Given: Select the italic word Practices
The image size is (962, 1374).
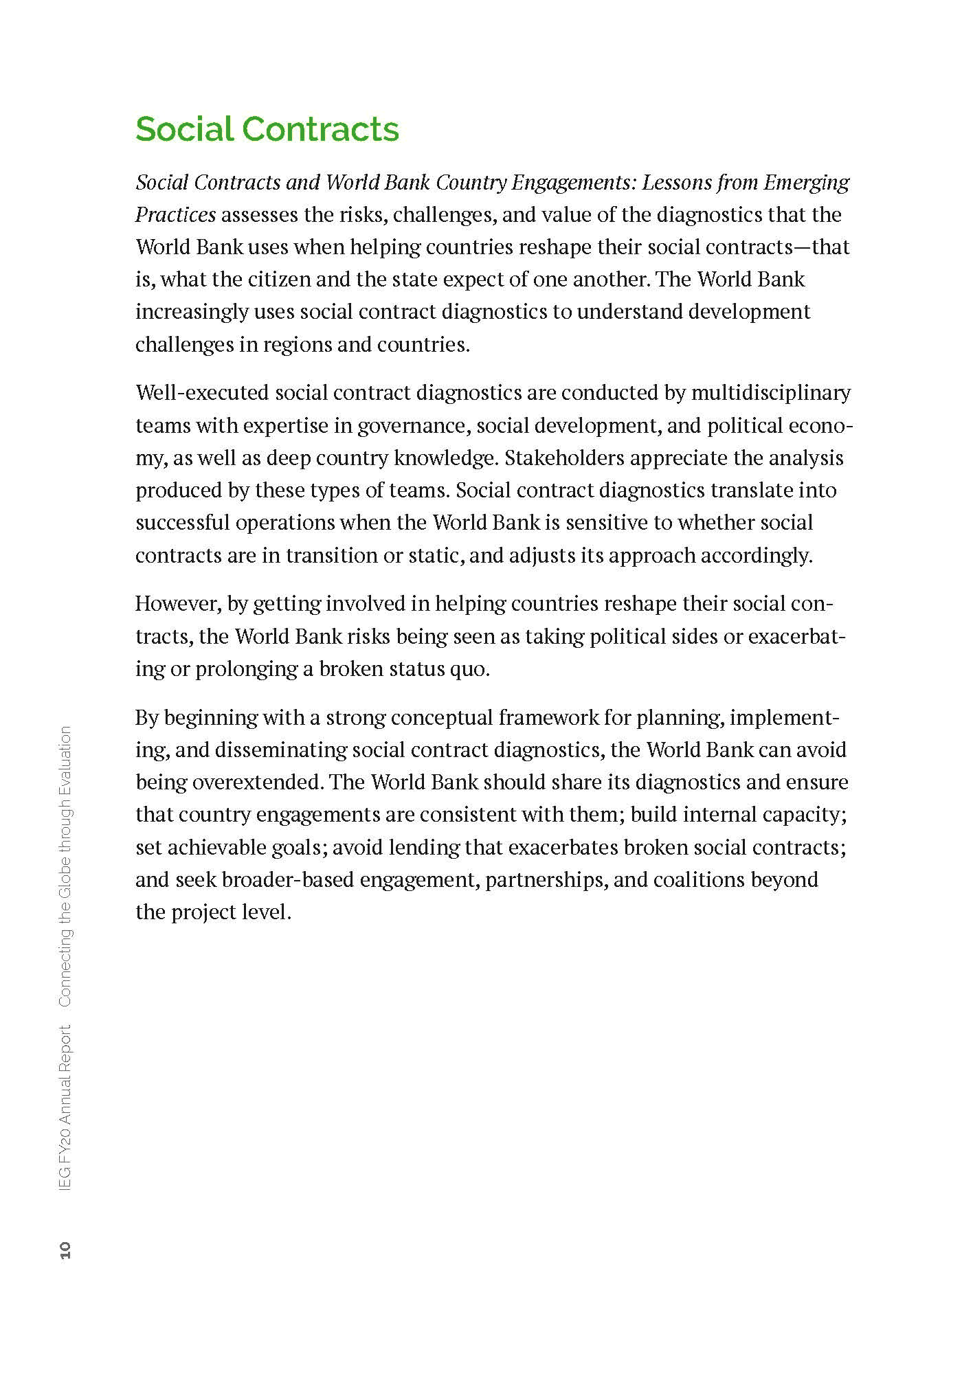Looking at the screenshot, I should tap(175, 215).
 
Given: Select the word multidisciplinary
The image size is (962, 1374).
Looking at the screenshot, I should tap(770, 393).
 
